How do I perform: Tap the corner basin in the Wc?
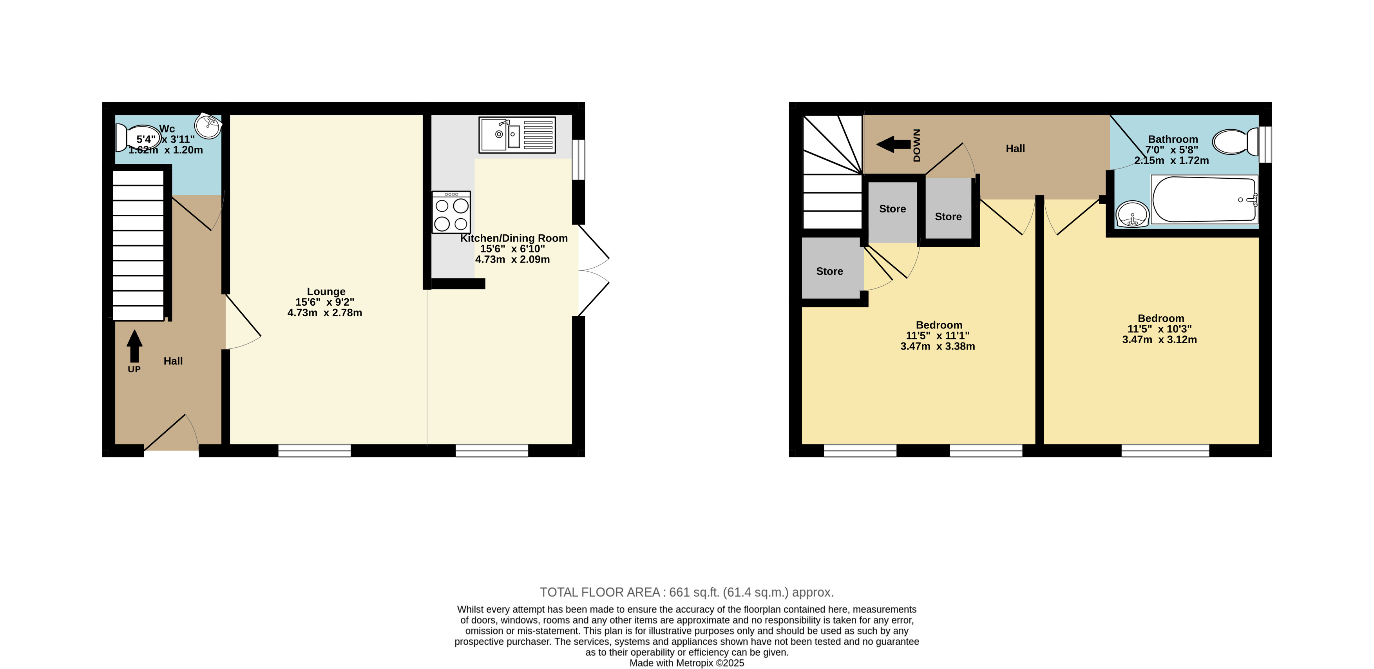point(208,126)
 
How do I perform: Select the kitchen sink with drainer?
point(517,135)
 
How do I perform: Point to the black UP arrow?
point(134,346)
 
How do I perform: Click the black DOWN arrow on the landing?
point(893,144)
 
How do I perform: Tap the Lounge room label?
point(326,292)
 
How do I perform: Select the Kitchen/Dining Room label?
point(514,238)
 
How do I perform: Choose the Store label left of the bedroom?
point(829,272)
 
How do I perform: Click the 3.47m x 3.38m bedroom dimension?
point(938,346)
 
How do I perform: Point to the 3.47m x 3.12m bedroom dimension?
point(1160,340)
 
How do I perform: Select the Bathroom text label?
point(1173,139)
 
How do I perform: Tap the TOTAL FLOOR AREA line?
point(686,592)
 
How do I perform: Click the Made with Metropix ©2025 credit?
point(686,663)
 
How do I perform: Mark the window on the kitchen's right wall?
point(578,160)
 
